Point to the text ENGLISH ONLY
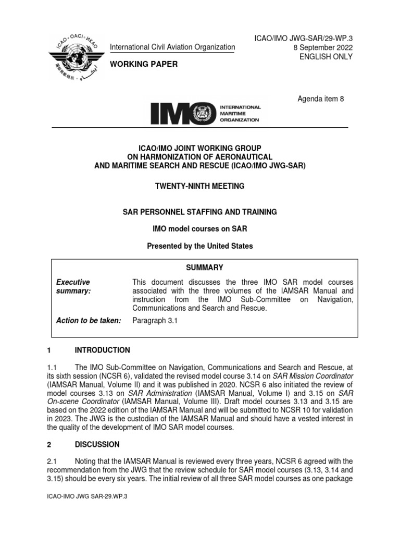coord(326,57)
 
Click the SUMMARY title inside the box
coord(204,268)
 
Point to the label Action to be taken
coord(88,321)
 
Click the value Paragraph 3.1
coord(155,321)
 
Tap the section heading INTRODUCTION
coord(103,350)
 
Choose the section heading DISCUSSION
coord(97,444)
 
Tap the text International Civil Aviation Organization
coord(172,47)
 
